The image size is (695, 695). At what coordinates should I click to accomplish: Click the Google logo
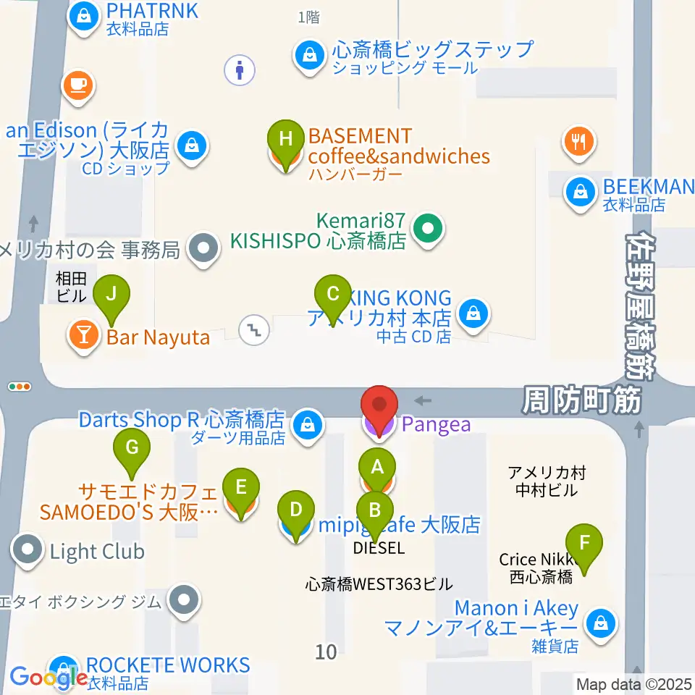tap(49, 677)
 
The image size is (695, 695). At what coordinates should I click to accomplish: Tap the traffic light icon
tap(20, 387)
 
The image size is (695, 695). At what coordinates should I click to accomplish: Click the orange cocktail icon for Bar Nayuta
tap(84, 334)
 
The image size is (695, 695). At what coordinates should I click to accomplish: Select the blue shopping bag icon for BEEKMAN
tap(581, 192)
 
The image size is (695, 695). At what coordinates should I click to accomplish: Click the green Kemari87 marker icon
tap(428, 230)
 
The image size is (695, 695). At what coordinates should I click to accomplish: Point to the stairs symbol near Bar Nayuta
tap(254, 330)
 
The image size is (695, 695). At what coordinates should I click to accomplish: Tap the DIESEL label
tap(379, 548)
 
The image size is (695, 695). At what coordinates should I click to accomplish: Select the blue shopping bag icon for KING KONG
tap(473, 313)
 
